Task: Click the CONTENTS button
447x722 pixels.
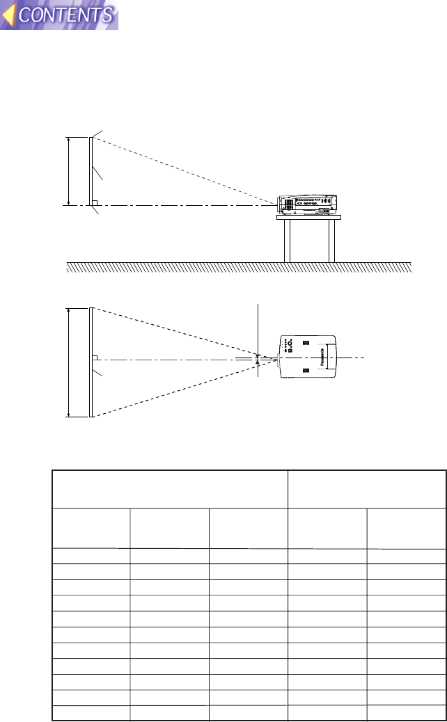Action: click(x=66, y=15)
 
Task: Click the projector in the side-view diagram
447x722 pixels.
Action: click(x=307, y=203)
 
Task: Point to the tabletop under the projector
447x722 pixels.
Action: click(x=308, y=217)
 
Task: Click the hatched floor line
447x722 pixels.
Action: click(x=239, y=267)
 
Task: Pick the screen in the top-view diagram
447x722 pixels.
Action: click(x=91, y=362)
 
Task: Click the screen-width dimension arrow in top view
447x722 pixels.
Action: click(x=68, y=362)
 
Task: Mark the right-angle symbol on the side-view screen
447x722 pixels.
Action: click(x=95, y=202)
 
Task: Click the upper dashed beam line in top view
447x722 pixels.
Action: click(x=174, y=332)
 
